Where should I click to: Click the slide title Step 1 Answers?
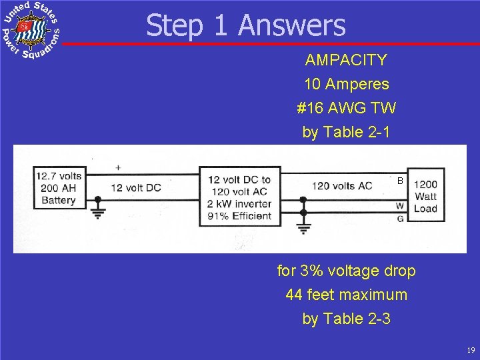click(246, 25)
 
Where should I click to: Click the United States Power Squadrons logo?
click(30, 31)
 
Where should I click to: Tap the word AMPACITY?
click(345, 60)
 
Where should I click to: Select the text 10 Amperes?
click(346, 85)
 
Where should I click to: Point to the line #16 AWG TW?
click(345, 109)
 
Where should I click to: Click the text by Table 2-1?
click(346, 132)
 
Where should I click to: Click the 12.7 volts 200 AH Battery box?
click(59, 188)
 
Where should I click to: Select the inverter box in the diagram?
click(239, 197)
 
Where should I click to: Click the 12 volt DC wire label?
click(136, 188)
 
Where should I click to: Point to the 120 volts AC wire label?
click(342, 185)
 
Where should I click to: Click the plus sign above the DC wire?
click(118, 167)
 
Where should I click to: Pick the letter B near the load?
click(400, 180)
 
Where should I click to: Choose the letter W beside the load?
click(399, 205)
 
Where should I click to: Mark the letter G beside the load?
click(399, 218)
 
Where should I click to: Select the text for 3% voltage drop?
click(346, 271)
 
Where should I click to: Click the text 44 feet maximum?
click(346, 295)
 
